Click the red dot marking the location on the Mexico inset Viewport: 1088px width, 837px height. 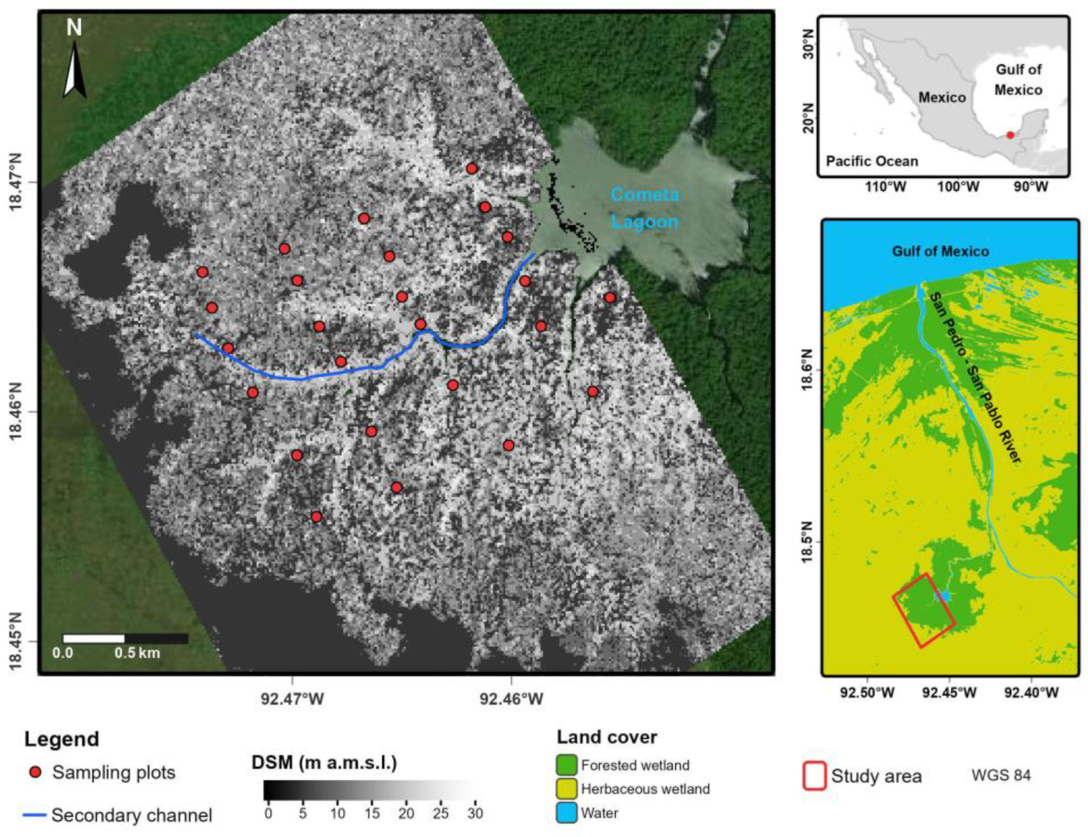1010,135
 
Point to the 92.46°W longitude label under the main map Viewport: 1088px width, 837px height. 511,699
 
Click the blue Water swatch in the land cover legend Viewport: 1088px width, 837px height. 566,813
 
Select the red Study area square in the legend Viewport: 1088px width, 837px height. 814,776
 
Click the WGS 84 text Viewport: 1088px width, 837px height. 1000,776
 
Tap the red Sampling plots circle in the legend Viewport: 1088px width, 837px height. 35,773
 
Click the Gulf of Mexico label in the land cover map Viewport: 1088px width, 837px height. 940,251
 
